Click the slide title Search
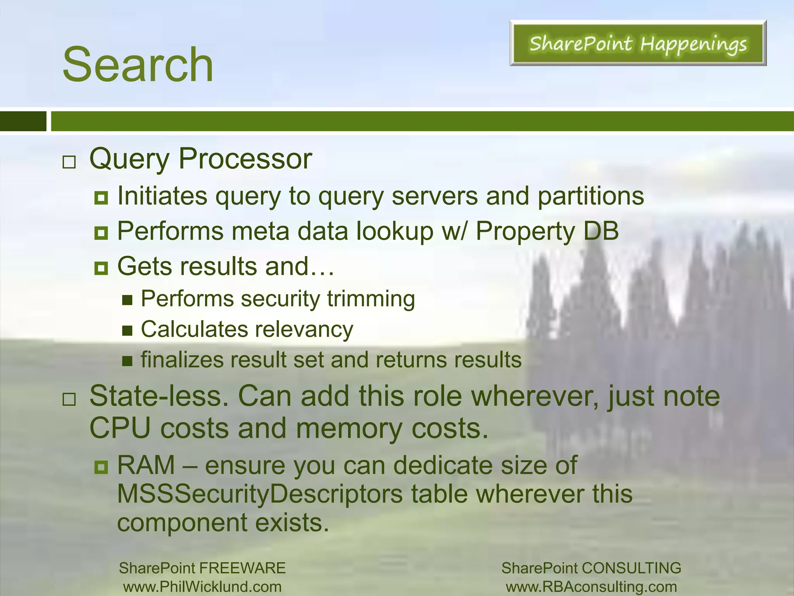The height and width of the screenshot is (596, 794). (x=138, y=65)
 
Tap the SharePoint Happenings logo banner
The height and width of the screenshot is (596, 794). (x=638, y=43)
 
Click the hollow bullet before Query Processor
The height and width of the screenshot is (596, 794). (x=69, y=162)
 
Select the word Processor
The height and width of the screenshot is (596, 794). (x=245, y=159)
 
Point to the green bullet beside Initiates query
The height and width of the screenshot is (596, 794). (x=101, y=198)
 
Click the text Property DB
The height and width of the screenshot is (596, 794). (x=547, y=231)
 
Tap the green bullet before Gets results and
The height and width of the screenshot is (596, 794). (x=101, y=268)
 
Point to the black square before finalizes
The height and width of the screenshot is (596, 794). (x=127, y=362)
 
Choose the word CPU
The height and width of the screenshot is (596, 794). (x=120, y=429)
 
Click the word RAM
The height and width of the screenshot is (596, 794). (x=146, y=465)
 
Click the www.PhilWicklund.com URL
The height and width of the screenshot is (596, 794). (x=202, y=587)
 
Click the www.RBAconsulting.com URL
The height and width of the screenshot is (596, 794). (x=591, y=587)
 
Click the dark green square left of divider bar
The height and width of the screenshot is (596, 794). (x=23, y=121)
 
